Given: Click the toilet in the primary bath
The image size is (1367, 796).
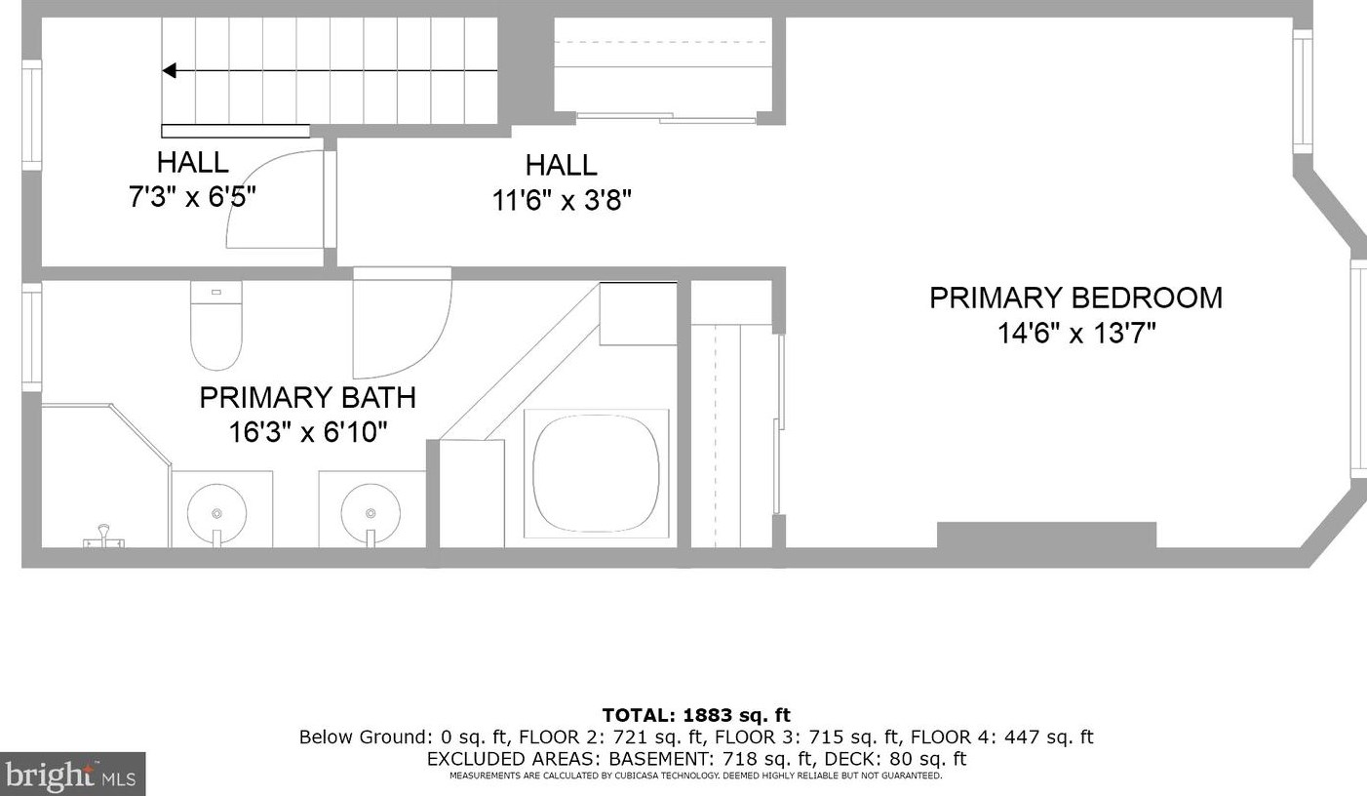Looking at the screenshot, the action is point(216,325).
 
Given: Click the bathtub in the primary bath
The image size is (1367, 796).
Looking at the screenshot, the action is point(596,474).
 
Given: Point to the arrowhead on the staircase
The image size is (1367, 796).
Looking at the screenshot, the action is point(169,71).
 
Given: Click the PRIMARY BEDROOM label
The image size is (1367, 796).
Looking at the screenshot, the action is point(1075,298).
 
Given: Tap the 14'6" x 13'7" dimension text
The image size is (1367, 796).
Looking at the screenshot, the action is point(1076,334).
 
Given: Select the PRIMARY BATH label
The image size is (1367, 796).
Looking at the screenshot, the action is point(307,397).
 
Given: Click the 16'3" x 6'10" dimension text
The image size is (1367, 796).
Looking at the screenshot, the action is point(308,432).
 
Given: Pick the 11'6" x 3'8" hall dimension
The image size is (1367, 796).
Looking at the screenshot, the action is point(562,200).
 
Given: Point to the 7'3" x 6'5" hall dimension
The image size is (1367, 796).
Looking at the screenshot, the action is point(192,196).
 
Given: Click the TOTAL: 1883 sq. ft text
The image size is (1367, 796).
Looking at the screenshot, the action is point(696,715).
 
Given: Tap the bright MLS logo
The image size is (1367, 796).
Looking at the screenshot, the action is point(72,774).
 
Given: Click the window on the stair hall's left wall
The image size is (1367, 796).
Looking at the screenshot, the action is point(32,115).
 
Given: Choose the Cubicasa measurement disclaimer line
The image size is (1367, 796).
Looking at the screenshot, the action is point(696,776).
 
